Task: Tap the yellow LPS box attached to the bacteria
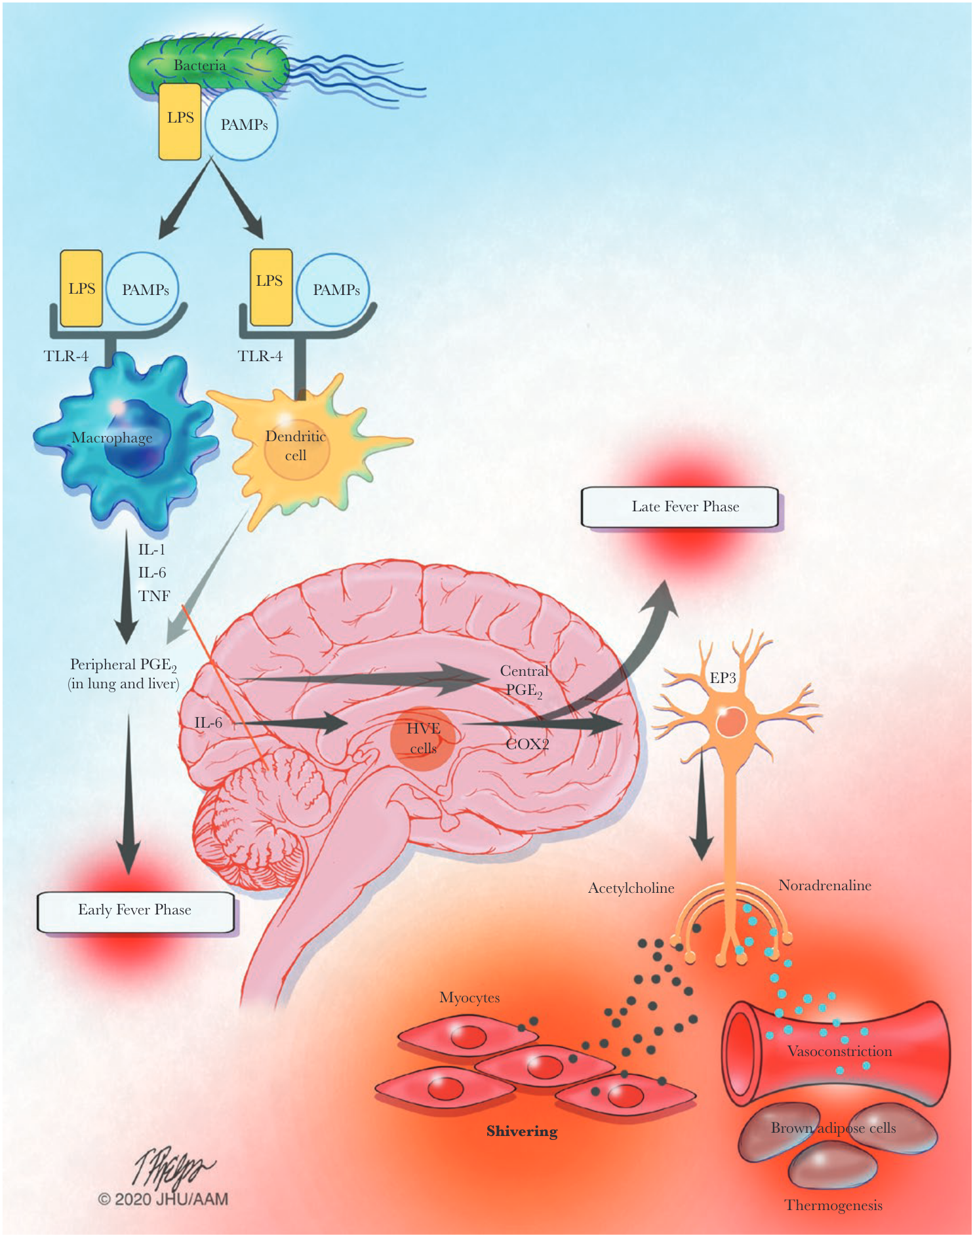point(180,121)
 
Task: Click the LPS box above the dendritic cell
point(270,286)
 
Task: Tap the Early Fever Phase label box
point(135,911)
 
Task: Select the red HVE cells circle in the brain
point(422,738)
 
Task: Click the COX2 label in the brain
point(527,744)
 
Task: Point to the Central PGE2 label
point(523,680)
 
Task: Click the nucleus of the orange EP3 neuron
point(730,722)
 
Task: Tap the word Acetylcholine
point(631,888)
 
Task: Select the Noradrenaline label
point(824,886)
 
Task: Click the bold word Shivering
point(522,1131)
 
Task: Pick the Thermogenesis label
point(833,1206)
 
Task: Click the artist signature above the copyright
point(171,1167)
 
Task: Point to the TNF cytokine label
point(154,596)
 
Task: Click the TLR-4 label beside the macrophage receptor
point(66,356)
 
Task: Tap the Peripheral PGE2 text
point(123,665)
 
